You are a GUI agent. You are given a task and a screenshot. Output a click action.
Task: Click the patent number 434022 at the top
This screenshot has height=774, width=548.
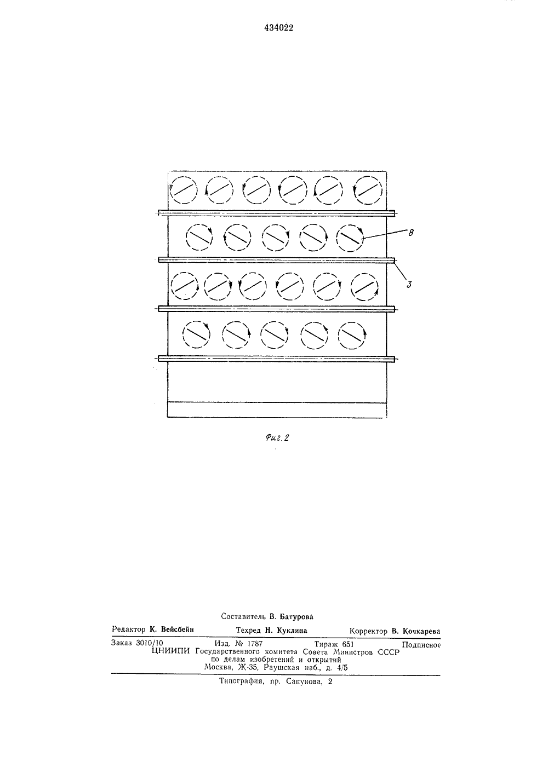tap(278, 28)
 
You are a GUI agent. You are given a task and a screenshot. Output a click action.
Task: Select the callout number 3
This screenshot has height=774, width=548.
tap(409, 285)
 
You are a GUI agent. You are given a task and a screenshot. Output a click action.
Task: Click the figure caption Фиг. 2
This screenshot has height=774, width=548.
tap(277, 438)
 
